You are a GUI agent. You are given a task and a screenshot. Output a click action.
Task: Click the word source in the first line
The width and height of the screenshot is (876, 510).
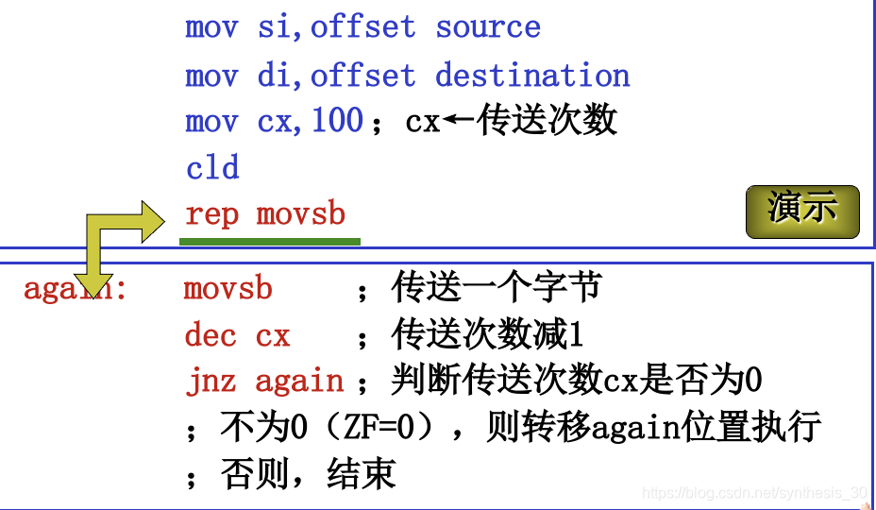(487, 26)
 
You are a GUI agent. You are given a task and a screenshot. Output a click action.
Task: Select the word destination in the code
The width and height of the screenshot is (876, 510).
(532, 75)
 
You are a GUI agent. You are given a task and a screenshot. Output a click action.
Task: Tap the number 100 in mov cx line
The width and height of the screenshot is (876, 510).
(337, 121)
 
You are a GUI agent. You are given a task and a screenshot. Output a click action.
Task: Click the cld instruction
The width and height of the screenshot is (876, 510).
(212, 168)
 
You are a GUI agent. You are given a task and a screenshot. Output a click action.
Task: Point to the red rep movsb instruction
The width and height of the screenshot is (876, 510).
(265, 214)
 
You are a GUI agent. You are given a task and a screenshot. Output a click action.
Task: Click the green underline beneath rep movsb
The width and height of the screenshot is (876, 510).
(270, 242)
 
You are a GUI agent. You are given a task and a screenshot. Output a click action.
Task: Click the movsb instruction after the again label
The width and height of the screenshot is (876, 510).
(227, 288)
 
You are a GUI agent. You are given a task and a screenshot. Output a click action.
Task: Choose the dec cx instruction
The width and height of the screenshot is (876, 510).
(237, 335)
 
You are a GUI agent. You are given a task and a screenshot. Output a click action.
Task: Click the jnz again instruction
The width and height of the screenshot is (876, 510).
(264, 382)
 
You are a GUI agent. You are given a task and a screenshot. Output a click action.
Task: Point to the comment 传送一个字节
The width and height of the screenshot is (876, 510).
(497, 288)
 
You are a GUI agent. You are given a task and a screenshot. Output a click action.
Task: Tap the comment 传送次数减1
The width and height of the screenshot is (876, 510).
(487, 335)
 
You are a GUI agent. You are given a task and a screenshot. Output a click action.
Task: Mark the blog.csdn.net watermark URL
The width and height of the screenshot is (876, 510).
(753, 493)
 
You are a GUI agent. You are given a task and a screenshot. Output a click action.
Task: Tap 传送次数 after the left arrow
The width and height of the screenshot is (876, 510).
(547, 121)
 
